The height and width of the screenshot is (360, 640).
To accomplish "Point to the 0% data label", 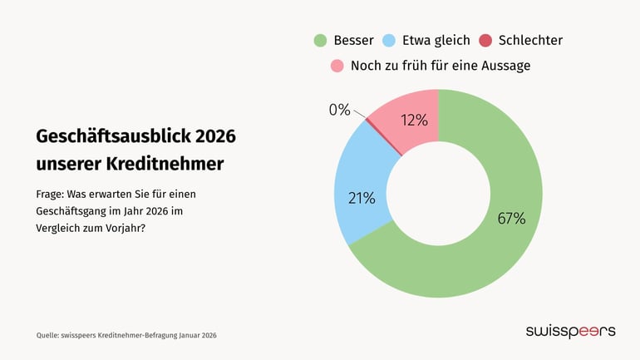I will (339, 110).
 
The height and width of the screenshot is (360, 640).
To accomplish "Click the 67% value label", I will (510, 219).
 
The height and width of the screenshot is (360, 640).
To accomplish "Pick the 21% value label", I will (362, 198).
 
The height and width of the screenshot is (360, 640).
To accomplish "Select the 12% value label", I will (414, 121).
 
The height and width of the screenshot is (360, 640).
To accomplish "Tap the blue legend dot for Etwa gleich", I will (388, 40).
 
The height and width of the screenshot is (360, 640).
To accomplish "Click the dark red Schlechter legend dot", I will (485, 40).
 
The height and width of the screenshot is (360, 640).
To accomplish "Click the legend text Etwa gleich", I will (436, 40).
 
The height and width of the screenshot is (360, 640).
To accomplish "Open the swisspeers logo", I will (570, 331).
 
